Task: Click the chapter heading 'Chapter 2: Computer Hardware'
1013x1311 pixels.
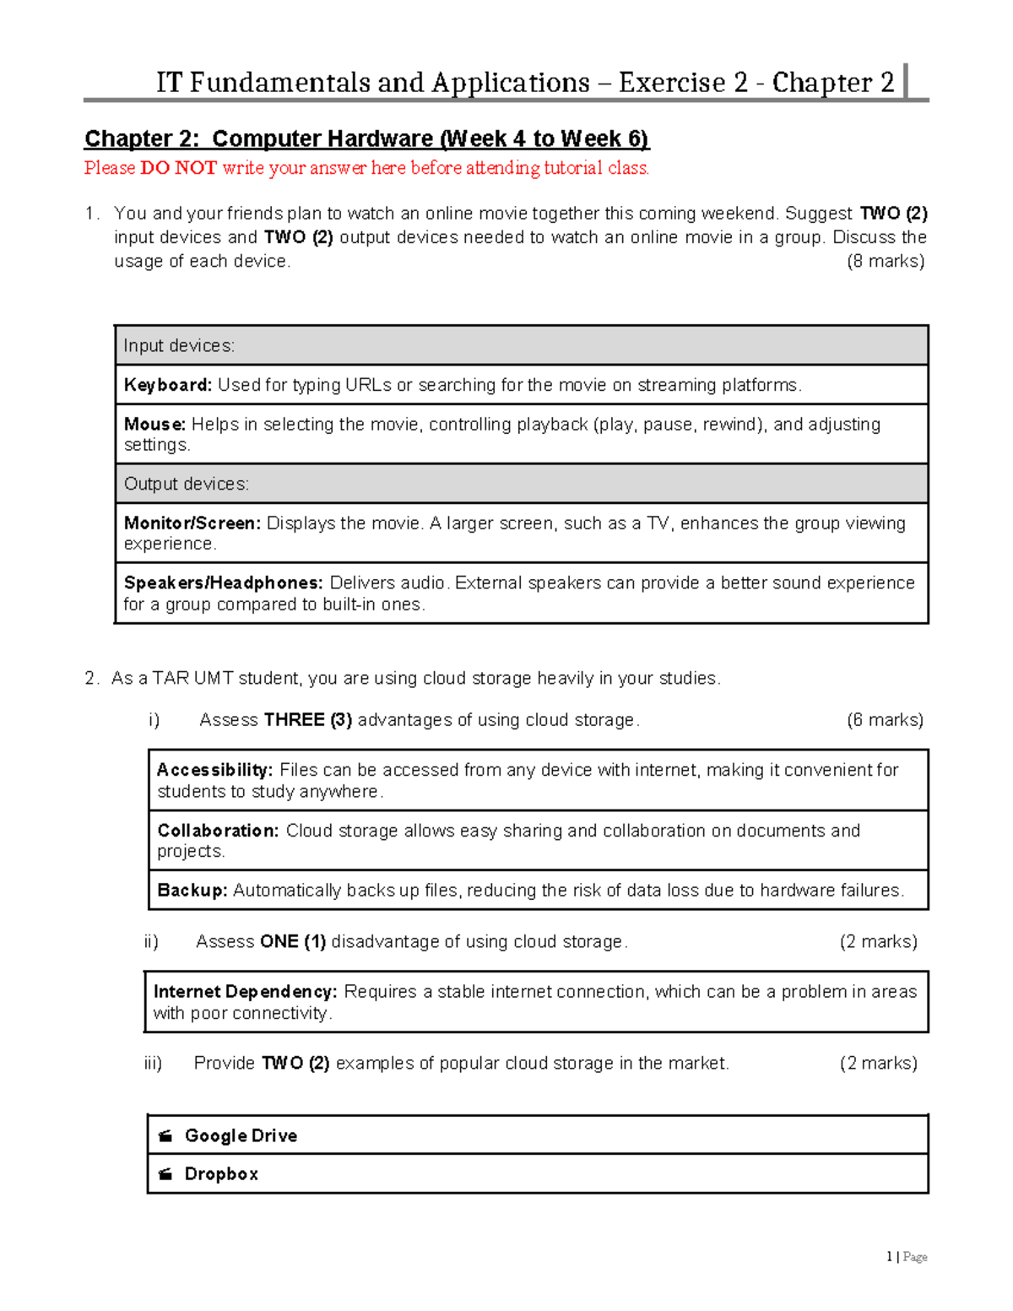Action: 366,138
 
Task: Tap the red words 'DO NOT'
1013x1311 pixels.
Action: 178,168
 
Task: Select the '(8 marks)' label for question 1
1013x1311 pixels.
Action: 885,261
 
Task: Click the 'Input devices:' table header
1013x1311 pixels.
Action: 179,345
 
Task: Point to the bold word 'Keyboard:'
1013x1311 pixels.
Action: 168,385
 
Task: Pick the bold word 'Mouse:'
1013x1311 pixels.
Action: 154,425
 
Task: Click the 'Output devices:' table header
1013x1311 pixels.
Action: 186,484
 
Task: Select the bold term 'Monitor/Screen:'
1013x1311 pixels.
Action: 192,523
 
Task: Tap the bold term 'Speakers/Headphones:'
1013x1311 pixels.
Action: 223,583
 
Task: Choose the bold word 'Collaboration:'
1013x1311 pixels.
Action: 218,831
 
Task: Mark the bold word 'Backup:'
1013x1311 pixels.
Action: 192,891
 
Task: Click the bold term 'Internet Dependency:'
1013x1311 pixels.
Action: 245,992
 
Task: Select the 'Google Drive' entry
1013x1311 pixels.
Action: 241,1135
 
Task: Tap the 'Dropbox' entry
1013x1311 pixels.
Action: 221,1174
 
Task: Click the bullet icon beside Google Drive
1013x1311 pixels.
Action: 165,1135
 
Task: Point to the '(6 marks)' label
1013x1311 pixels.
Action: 885,720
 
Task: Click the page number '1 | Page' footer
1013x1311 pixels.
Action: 907,1257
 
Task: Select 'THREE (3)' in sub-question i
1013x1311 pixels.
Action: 307,720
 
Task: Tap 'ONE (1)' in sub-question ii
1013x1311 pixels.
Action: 293,941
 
